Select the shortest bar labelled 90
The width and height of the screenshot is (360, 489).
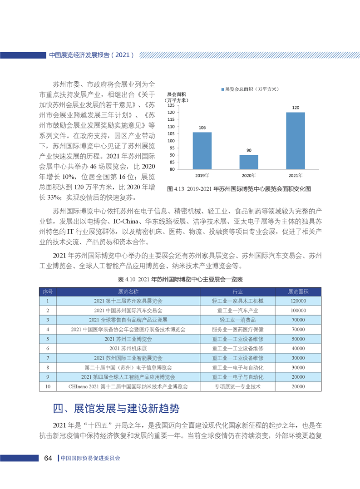pos(249,162)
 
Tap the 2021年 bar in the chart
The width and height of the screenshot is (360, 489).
pos(296,141)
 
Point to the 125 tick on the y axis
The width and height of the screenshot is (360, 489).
pos(171,105)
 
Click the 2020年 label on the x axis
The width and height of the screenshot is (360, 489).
pos(249,175)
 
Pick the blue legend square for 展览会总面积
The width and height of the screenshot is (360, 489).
pos(222,90)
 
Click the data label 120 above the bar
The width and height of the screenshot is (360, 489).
pos(296,108)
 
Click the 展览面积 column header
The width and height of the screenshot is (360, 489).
pos(298,291)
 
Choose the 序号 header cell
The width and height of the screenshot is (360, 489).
pos(48,291)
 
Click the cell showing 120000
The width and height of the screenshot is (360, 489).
pos(298,301)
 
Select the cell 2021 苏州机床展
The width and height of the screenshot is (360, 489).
pos(128,348)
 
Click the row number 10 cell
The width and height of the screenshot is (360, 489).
pos(48,386)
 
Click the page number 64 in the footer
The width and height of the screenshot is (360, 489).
pos(49,458)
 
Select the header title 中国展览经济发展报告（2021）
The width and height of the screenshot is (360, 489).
pos(91,55)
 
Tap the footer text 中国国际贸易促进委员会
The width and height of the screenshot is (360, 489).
pos(90,458)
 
